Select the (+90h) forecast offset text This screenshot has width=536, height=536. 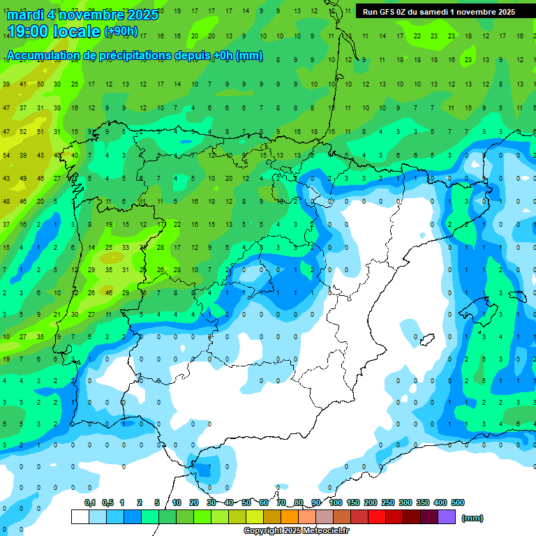pos(121,31)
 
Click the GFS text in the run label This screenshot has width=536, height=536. pos(389,12)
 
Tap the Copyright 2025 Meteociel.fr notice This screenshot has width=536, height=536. pos(296,530)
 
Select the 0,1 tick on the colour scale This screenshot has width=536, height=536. pos(90,502)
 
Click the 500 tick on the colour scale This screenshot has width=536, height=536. pos(458,502)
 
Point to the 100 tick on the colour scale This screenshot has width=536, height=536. pos(336,502)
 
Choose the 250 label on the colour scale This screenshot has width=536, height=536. pos(388,502)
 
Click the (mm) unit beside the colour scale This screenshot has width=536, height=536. pos(472,518)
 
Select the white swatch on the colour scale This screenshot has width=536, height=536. pos(80,517)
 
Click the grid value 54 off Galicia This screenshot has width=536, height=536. pos(6,155)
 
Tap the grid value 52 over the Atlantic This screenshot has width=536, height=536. pos(23,131)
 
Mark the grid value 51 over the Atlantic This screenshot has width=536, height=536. pos(40,131)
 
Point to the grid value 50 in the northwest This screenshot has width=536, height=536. pos(40,84)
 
